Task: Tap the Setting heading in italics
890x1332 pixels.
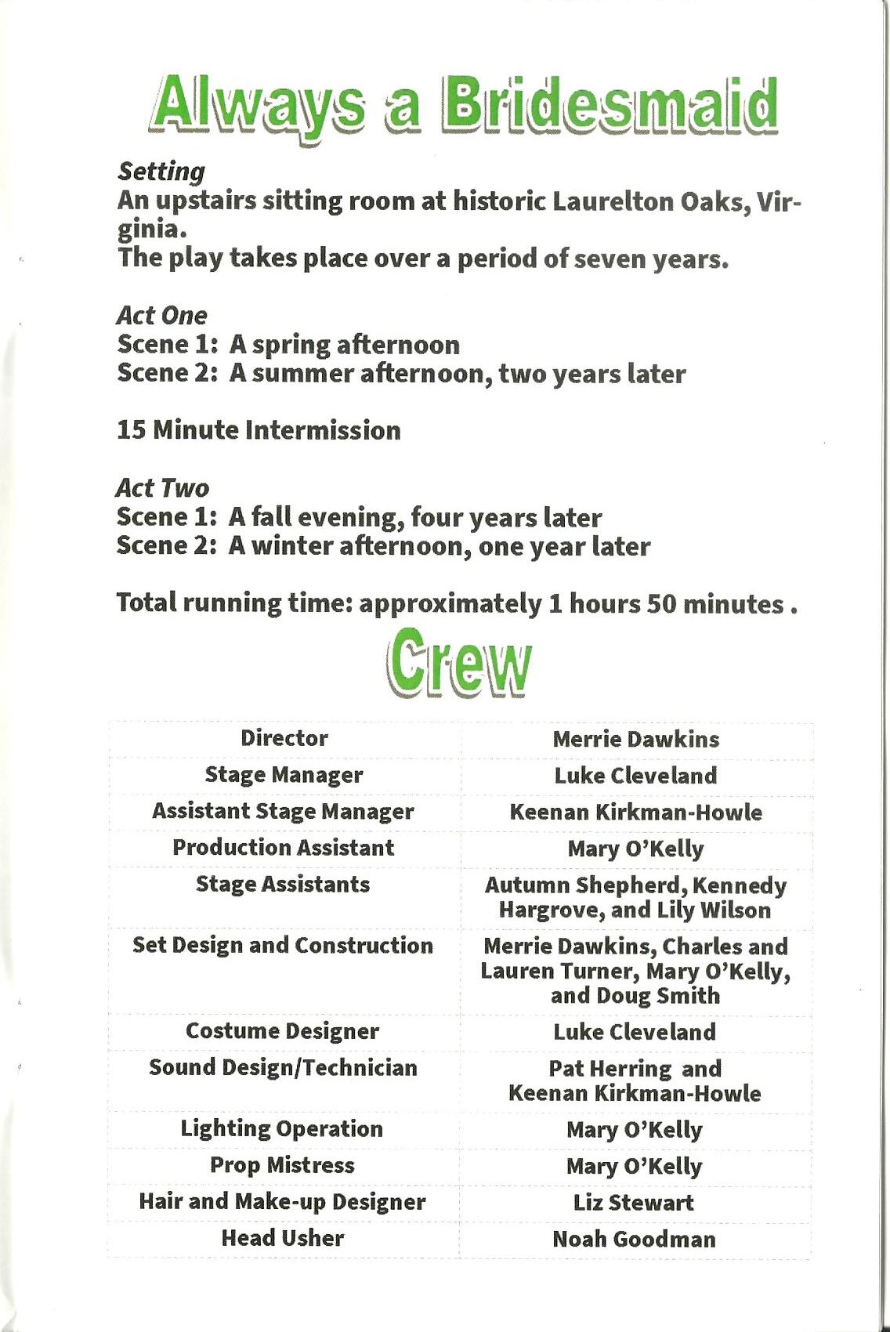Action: (x=161, y=172)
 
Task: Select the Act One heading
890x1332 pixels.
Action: (x=162, y=315)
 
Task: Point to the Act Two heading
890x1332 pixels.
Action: (x=163, y=487)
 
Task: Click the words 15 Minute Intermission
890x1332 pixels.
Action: (x=259, y=430)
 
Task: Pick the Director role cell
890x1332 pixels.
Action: (x=284, y=738)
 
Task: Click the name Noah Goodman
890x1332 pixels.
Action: (x=634, y=1239)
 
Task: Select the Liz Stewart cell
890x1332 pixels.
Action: (x=634, y=1203)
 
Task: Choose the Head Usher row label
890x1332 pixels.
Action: (x=283, y=1238)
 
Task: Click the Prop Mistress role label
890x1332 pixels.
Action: (x=282, y=1165)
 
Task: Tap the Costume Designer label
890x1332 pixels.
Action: (x=282, y=1031)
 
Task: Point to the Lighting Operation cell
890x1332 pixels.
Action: (x=282, y=1128)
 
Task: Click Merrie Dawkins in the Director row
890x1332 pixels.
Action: (x=635, y=739)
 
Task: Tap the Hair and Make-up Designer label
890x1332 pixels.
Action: (x=282, y=1202)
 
